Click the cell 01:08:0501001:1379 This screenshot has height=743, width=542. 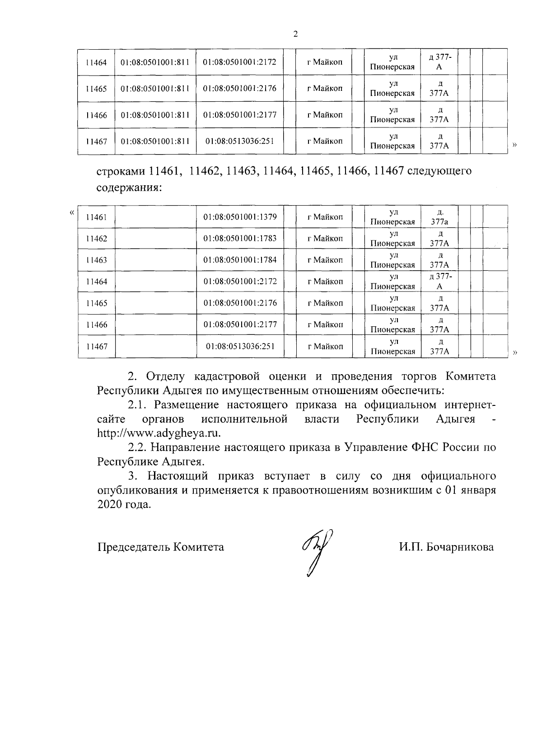click(x=240, y=217)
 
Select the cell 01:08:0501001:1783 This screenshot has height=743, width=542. click(x=240, y=238)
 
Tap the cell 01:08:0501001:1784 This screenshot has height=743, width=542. click(x=240, y=260)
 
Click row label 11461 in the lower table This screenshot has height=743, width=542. click(x=96, y=217)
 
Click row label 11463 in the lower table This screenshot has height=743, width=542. click(x=96, y=260)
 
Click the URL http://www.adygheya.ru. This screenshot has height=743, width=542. click(x=159, y=433)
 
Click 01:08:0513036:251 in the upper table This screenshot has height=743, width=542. click(x=240, y=141)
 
